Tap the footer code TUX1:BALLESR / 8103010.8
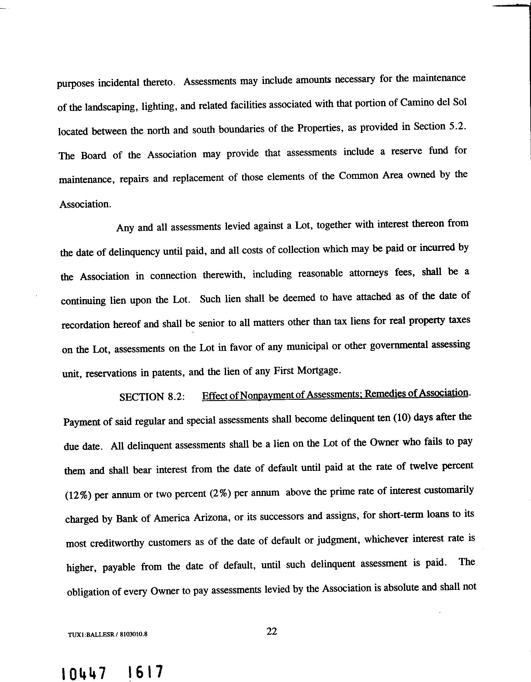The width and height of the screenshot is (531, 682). pos(107,635)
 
